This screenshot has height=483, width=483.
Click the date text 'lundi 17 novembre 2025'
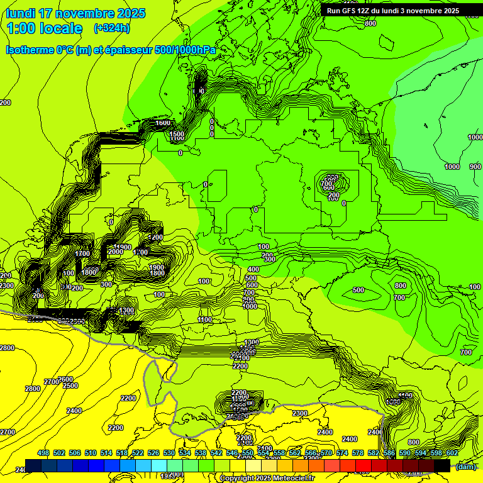click(75, 13)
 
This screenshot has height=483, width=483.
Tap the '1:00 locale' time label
click(44, 28)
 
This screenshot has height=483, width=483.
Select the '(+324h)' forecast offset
click(112, 28)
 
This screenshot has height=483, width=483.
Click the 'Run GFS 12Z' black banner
click(392, 10)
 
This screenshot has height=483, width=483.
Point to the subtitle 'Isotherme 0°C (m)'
click(48, 50)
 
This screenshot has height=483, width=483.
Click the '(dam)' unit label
click(465, 467)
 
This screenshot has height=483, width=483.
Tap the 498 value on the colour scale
click(43, 453)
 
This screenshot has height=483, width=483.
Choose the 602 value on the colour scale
click(452, 453)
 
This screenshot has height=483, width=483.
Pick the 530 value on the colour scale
click(169, 453)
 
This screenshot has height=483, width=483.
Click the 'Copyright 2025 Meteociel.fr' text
click(267, 479)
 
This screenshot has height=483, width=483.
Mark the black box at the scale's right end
click(442, 465)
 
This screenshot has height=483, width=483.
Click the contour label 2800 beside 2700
click(33, 389)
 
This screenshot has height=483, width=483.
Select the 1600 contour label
click(163, 123)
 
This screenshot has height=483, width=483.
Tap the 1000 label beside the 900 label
click(452, 167)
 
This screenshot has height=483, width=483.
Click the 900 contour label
click(475, 167)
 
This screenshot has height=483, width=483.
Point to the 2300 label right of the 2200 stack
click(300, 413)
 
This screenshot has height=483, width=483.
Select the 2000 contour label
click(116, 252)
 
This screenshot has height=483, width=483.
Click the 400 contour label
click(253, 269)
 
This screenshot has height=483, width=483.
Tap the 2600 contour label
click(65, 379)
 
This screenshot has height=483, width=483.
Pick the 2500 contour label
click(70, 386)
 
